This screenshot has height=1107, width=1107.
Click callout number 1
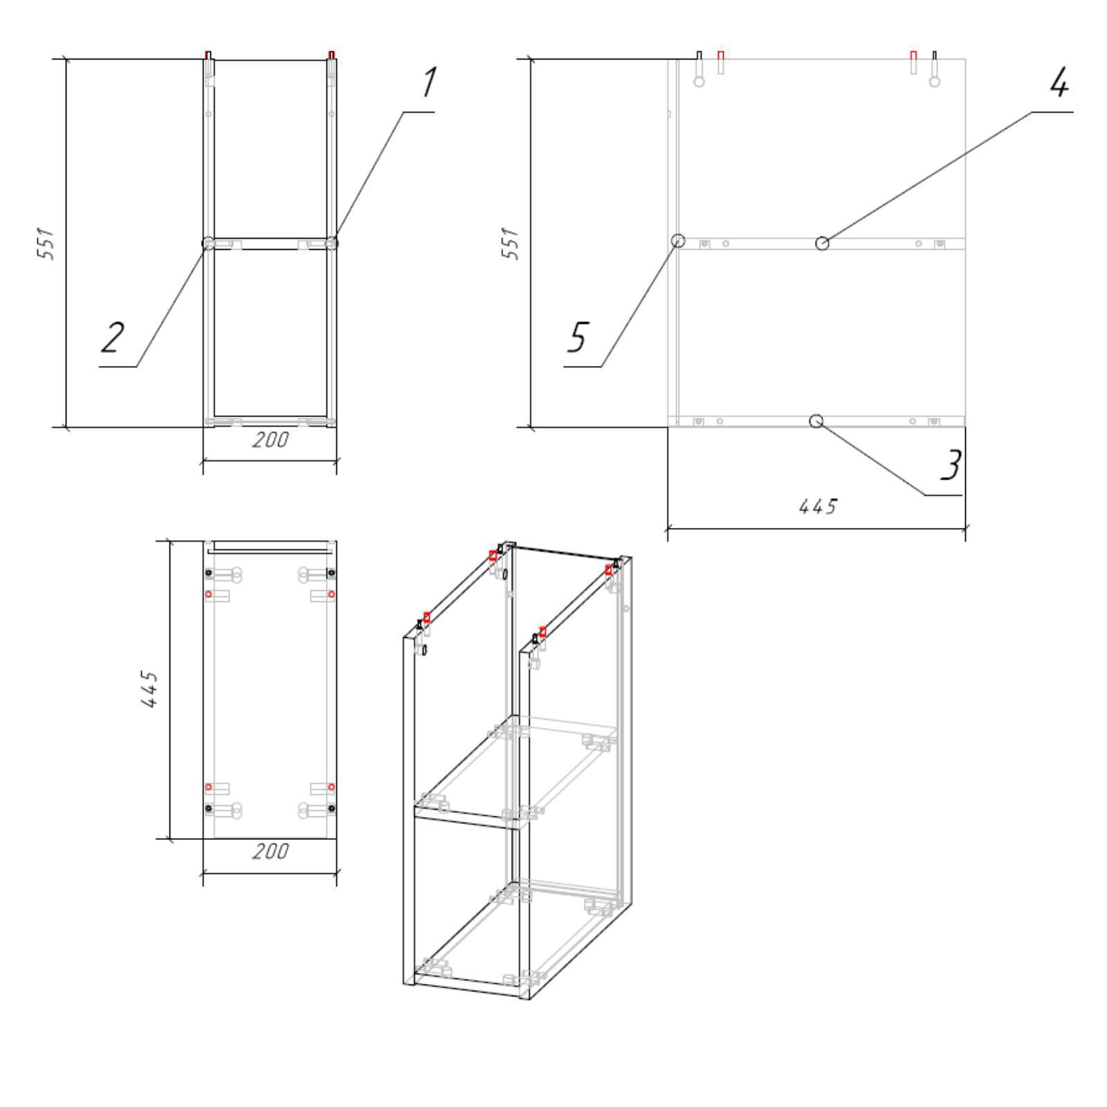pos(429,82)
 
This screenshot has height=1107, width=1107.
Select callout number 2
pos(113,338)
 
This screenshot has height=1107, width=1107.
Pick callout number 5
pos(577,337)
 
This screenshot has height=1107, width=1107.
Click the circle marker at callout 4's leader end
pos(822,243)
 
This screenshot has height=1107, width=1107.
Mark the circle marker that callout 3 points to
pos(816,421)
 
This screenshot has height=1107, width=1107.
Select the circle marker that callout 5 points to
pos(678,240)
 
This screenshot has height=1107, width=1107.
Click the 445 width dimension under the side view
pos(818,507)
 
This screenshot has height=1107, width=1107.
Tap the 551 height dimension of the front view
pos(46,243)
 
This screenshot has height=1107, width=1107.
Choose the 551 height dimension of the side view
pos(510,243)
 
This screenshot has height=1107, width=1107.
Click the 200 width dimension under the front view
pos(270,439)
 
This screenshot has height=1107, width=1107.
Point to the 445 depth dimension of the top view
pos(150,688)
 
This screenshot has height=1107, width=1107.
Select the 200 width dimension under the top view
pos(270,851)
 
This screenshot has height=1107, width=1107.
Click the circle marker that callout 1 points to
pos(332,243)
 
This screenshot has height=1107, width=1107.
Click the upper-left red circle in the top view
pos(208,594)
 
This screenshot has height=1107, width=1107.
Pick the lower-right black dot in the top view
pos(331,808)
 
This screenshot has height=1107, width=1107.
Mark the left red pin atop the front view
pos(208,55)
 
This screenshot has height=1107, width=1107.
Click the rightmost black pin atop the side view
pos(935,55)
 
